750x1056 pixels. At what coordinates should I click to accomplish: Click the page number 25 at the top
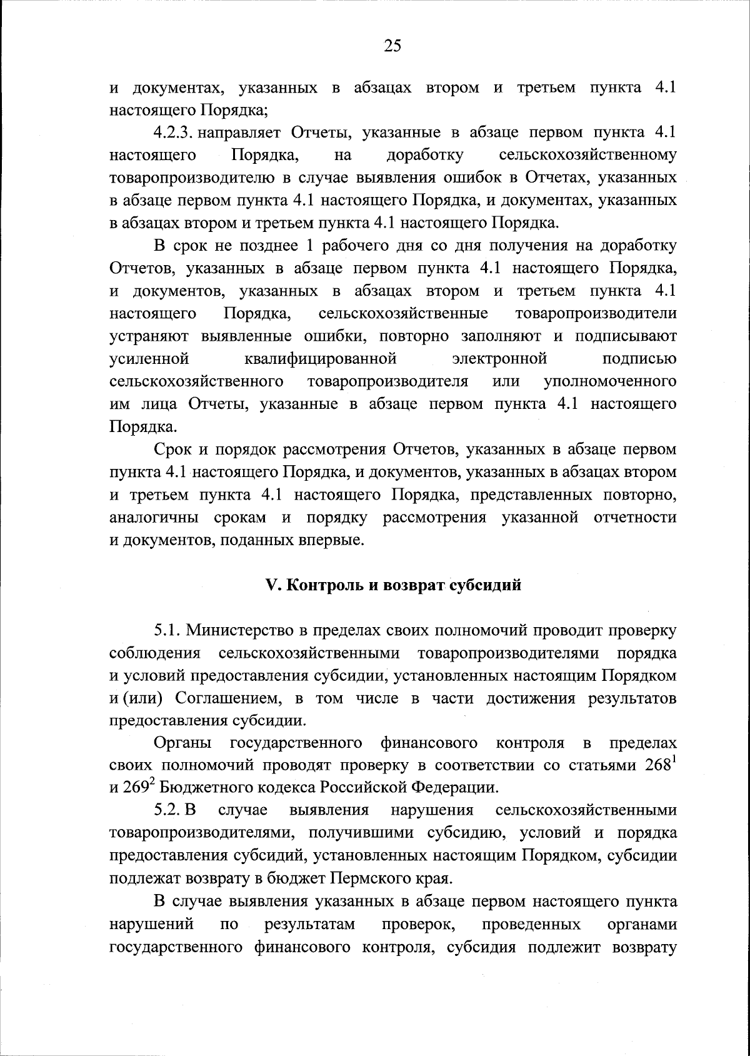click(392, 46)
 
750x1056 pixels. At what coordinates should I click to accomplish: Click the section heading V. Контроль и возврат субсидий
click(393, 586)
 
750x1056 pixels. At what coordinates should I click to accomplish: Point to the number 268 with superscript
click(660, 765)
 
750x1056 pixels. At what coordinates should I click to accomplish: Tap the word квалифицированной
click(321, 359)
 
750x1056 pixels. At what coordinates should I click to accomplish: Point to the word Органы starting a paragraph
click(182, 743)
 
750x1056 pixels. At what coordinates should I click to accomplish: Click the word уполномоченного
click(610, 381)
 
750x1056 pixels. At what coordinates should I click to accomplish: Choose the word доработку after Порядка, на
click(425, 155)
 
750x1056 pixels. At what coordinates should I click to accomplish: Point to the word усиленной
click(149, 359)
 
